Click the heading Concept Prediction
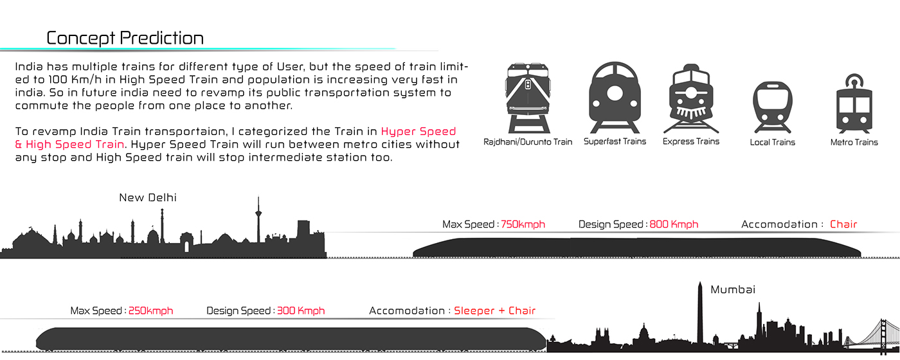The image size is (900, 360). coord(125,38)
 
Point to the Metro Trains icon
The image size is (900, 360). coord(854,103)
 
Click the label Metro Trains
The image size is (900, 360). coord(854,142)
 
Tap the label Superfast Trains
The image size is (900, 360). coord(615,141)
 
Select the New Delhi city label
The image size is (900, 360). coord(148,198)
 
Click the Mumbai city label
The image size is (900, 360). coord(733,290)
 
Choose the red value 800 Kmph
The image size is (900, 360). coord(673,224)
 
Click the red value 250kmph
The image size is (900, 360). coord(150,310)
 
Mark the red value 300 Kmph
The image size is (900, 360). coord(301,310)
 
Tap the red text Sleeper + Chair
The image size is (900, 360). coord(494,310)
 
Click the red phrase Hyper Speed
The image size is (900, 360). coord(419,132)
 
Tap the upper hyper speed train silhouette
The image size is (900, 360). coord(636,247)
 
